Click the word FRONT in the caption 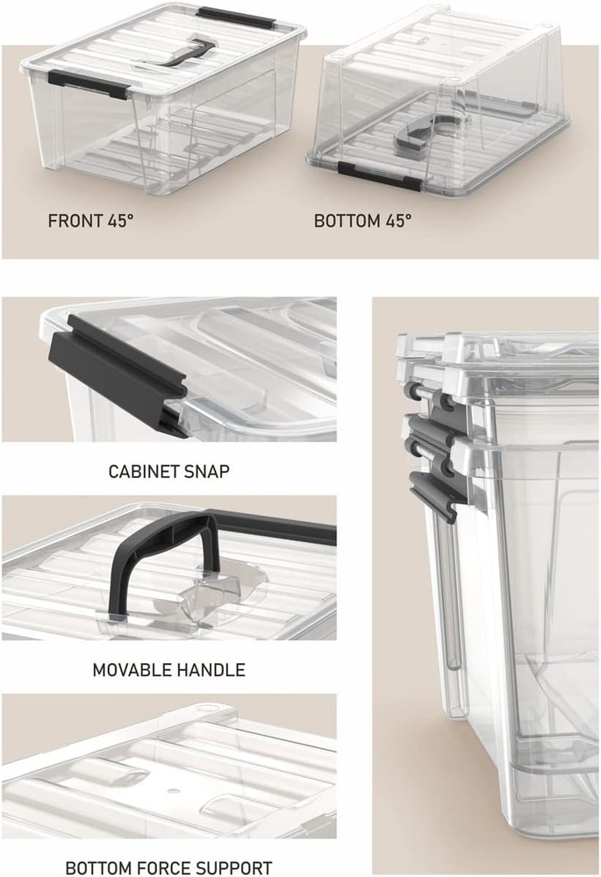point(75,220)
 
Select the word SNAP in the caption point(207,471)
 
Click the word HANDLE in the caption point(210,670)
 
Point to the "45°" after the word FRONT point(118,220)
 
